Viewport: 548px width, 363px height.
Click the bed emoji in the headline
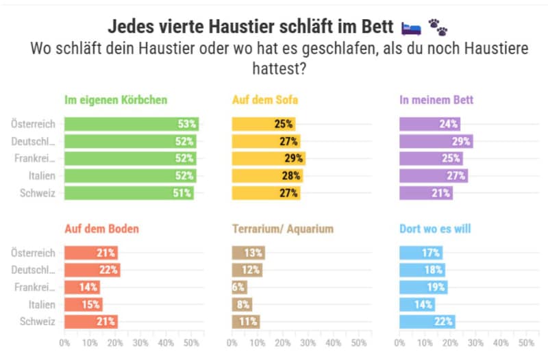coord(411,27)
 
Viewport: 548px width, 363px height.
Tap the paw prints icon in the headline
coord(438,27)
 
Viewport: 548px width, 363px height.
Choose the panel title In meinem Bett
coord(436,100)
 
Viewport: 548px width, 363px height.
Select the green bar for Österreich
coord(131,124)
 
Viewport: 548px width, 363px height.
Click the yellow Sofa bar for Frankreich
coord(268,158)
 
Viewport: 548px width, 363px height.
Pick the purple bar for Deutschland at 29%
coord(436,141)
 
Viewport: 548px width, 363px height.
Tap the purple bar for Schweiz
coord(425,193)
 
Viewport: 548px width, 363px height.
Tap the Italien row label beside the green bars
coord(43,176)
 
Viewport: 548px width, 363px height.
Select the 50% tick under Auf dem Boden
coord(191,342)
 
